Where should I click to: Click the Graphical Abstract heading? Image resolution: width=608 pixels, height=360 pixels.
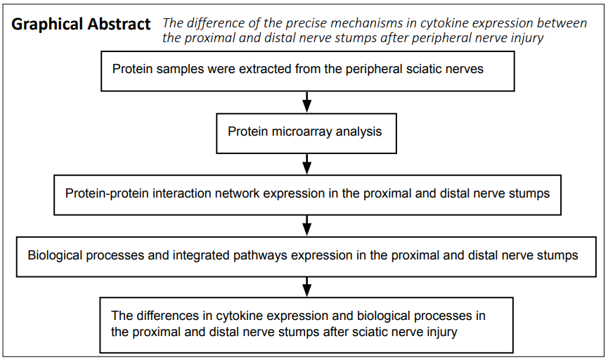81,25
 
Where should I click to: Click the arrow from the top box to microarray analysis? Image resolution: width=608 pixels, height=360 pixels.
306,102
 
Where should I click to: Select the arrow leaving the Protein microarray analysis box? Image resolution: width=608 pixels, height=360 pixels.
306,164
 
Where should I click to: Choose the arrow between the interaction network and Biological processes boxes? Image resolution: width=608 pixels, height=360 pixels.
306,226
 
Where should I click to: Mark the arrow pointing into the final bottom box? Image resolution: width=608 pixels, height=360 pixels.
306,287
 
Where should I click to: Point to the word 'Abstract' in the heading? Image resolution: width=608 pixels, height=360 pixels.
119,25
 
